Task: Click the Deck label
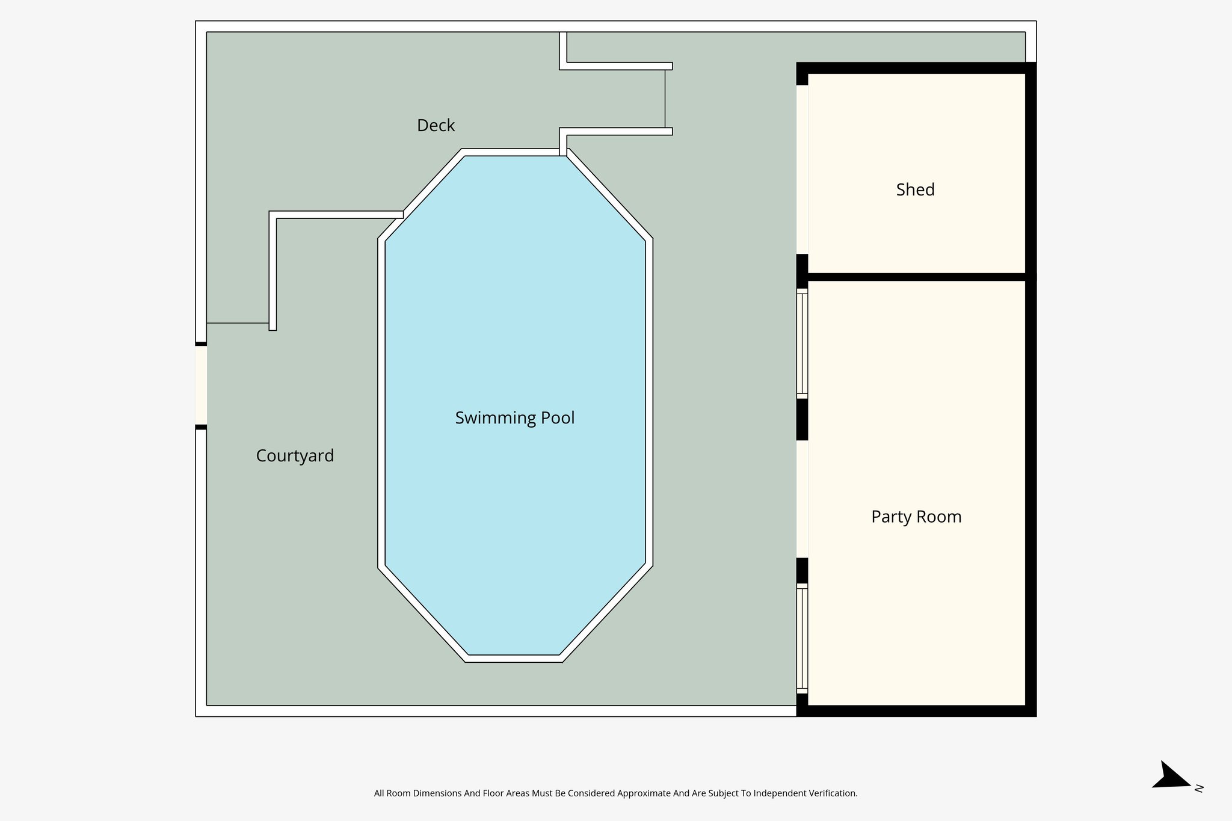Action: (436, 125)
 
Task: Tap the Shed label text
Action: (915, 189)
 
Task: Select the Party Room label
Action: (916, 517)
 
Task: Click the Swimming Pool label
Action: (514, 417)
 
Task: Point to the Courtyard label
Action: (295, 455)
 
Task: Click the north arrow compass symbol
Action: (1171, 776)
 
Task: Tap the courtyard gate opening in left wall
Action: (201, 386)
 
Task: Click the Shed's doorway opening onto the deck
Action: (802, 169)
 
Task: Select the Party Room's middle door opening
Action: (802, 499)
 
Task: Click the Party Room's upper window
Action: (802, 343)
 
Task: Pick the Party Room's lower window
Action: (802, 638)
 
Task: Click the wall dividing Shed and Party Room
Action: (916, 277)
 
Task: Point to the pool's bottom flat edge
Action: (514, 659)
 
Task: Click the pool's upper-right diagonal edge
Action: (609, 195)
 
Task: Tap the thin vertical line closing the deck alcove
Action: (665, 99)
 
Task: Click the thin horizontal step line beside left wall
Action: (237, 323)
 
